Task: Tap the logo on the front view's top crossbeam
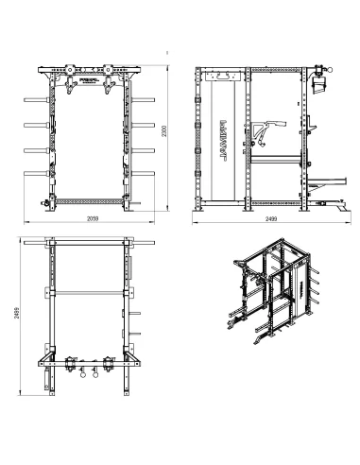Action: coord(88,69)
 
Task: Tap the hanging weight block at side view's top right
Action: coord(318,85)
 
